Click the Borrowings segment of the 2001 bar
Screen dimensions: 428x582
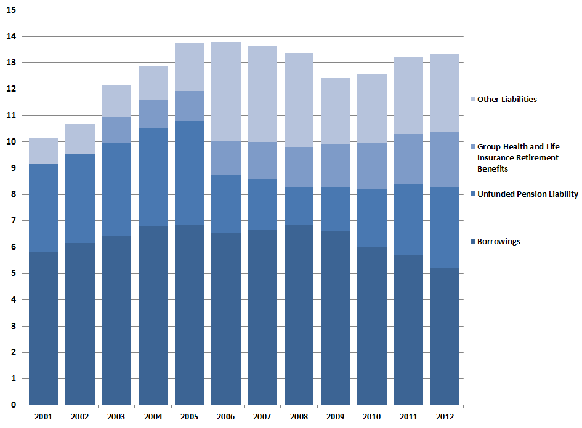[x=43, y=328]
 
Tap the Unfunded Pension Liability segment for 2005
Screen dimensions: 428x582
[x=189, y=173]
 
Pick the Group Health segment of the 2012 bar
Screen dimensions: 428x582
[x=445, y=159]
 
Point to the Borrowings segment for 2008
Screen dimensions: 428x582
[x=299, y=315]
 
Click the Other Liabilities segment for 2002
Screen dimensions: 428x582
[x=80, y=139]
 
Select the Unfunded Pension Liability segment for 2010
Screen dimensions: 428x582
[x=372, y=218]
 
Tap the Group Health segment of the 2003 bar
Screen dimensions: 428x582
[x=116, y=130]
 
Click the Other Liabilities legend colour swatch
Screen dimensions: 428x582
[x=472, y=100]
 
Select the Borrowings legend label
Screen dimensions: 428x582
[x=499, y=242]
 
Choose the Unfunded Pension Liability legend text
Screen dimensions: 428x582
[x=528, y=194]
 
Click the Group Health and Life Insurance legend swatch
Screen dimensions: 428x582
[x=472, y=147]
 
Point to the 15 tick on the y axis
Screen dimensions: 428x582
[x=12, y=10]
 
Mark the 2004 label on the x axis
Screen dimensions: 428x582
[x=153, y=416]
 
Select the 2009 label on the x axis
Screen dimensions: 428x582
[x=336, y=416]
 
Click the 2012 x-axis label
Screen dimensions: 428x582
[x=445, y=416]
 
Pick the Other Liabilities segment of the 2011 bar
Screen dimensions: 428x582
[x=408, y=95]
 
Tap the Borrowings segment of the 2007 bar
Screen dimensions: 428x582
[x=262, y=317]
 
